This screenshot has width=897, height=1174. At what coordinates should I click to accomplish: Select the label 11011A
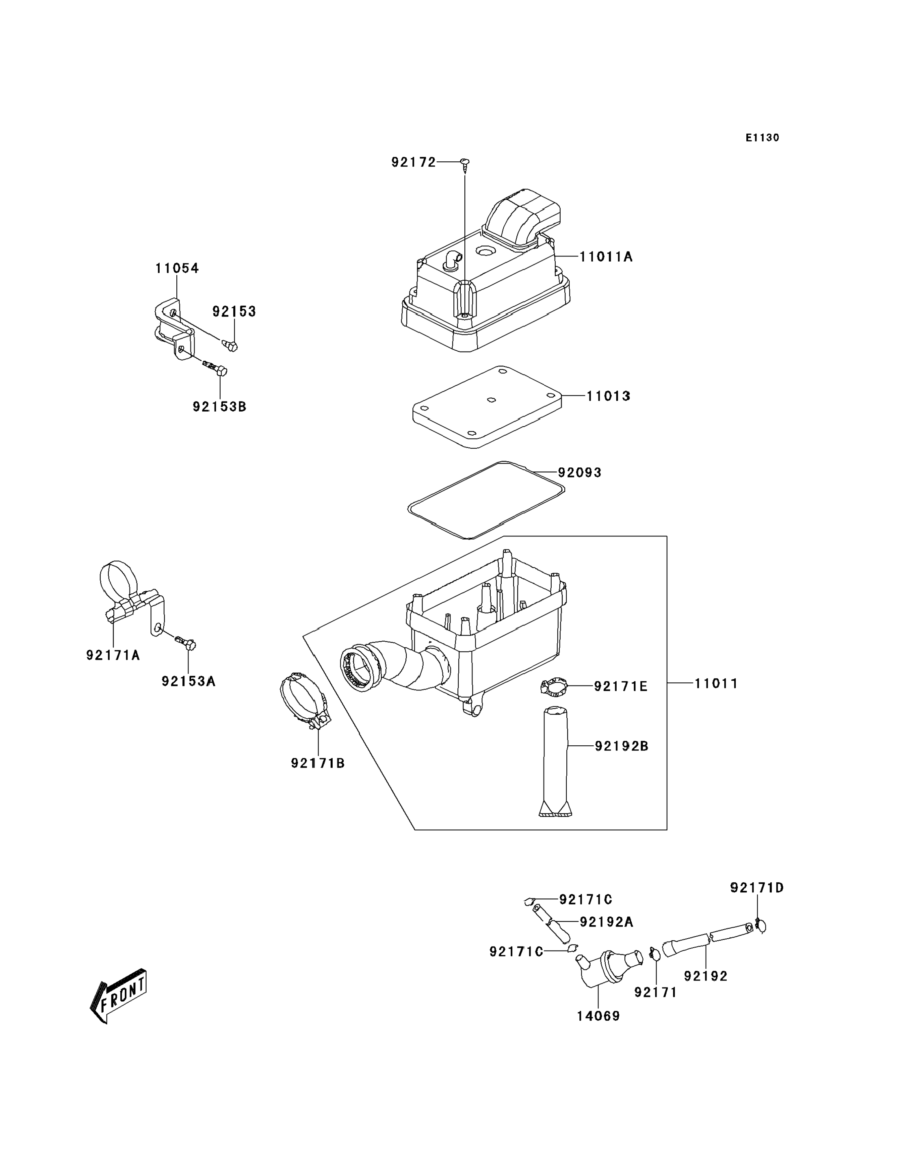(x=606, y=257)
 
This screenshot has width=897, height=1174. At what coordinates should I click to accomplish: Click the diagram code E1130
(x=763, y=138)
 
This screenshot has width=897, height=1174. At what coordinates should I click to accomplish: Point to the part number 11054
(x=177, y=268)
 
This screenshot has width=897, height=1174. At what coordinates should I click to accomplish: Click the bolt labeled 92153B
(x=216, y=368)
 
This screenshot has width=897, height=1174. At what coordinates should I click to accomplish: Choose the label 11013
(x=608, y=396)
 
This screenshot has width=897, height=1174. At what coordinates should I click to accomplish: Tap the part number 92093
(x=580, y=473)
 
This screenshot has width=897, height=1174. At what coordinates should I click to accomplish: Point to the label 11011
(x=716, y=684)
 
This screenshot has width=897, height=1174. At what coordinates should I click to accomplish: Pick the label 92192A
(x=607, y=922)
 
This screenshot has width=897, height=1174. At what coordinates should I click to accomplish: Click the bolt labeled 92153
(x=230, y=345)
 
